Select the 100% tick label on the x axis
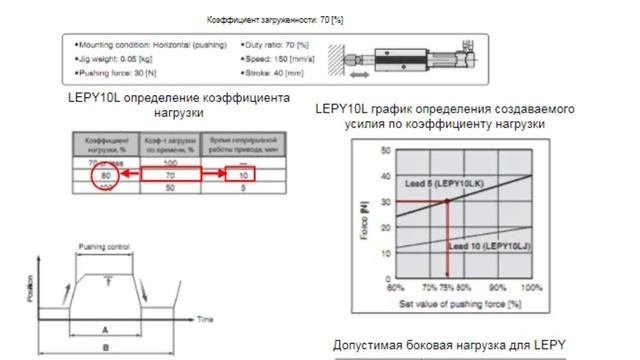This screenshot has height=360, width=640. coord(532,286)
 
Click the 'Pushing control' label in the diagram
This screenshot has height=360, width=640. coord(104,245)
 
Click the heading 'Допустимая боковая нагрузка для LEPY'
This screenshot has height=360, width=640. coord(449,346)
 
